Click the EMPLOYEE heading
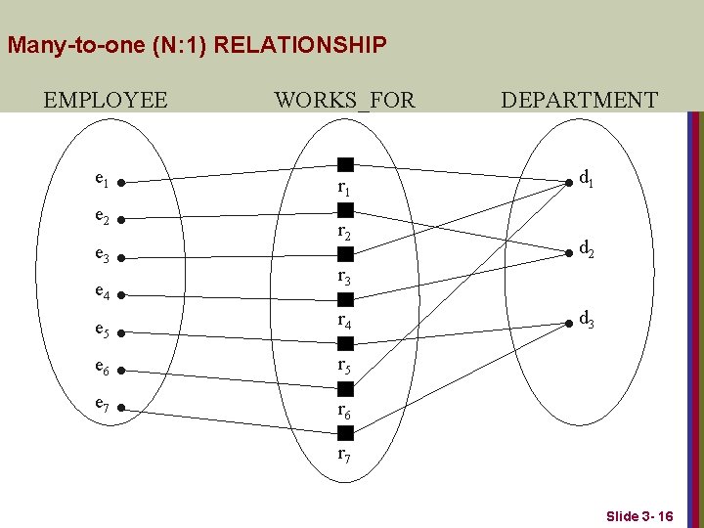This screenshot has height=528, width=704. (106, 100)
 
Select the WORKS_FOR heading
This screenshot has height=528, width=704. (344, 100)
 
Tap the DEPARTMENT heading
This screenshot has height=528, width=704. (579, 100)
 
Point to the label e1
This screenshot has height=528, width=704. (101, 179)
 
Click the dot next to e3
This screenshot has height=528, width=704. (117, 259)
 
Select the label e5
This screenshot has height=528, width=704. (101, 330)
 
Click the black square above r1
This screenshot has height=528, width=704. (345, 164)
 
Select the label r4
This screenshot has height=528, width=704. (344, 320)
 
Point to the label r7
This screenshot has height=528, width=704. (344, 455)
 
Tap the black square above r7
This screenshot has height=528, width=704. (345, 433)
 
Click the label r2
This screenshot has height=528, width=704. (344, 233)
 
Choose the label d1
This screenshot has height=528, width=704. (588, 179)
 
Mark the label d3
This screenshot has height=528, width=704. (588, 318)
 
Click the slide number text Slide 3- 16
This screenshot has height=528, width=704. (639, 515)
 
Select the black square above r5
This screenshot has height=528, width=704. (345, 343)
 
